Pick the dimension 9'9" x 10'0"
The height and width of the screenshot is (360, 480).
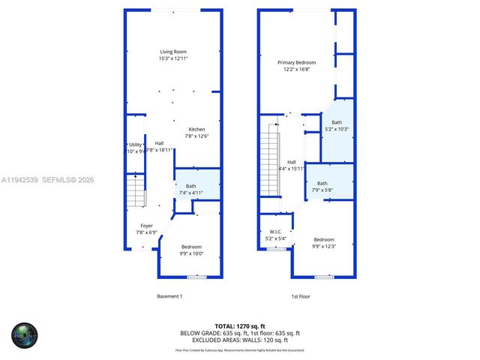(x=191, y=253)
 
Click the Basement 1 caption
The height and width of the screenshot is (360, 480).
(x=169, y=296)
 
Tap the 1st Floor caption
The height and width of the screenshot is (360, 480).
(x=301, y=296)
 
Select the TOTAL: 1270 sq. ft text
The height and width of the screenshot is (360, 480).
(x=239, y=326)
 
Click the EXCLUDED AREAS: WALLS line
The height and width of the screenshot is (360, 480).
(x=239, y=339)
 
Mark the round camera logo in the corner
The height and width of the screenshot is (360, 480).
(x=25, y=334)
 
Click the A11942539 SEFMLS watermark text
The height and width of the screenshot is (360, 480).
(x=48, y=180)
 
